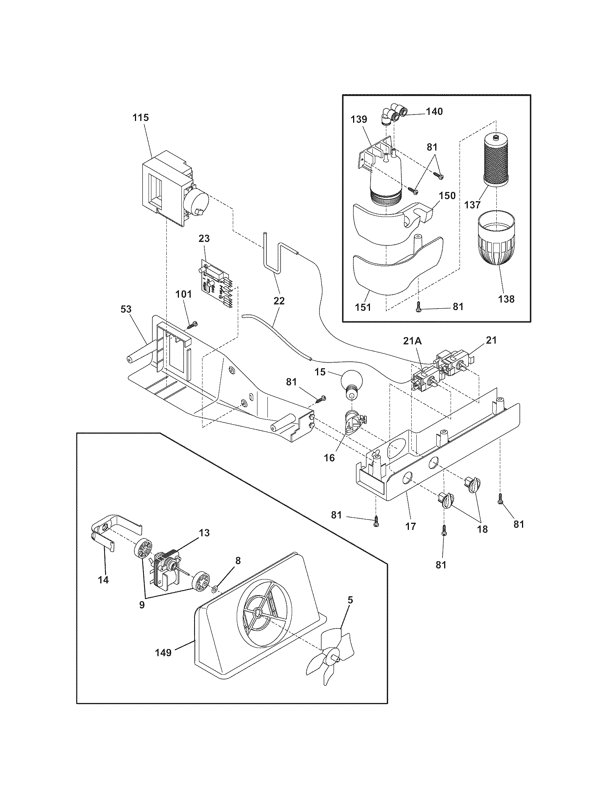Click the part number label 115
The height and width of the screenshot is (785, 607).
(x=140, y=117)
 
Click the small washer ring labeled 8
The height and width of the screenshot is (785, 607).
(x=214, y=588)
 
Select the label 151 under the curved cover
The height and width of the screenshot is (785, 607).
(x=363, y=307)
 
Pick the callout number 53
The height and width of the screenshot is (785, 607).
(x=126, y=309)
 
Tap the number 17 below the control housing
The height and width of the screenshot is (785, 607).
(x=410, y=526)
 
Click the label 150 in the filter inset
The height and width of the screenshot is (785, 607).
(x=447, y=196)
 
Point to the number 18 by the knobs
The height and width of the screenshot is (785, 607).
(x=482, y=530)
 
